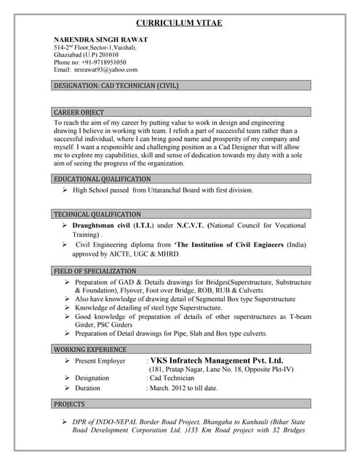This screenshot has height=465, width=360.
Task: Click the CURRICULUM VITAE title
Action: [x=180, y=23]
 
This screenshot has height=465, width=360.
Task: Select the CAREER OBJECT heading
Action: [x=79, y=113]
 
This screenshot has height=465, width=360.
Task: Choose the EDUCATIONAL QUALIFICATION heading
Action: [x=103, y=179]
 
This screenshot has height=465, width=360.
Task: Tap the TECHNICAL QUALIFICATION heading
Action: [x=97, y=214]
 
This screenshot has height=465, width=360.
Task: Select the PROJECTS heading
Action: [x=70, y=404]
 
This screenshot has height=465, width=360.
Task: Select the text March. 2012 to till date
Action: [x=183, y=389]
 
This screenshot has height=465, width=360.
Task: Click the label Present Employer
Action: [x=100, y=361]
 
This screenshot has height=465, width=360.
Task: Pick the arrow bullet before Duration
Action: [x=66, y=389]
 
